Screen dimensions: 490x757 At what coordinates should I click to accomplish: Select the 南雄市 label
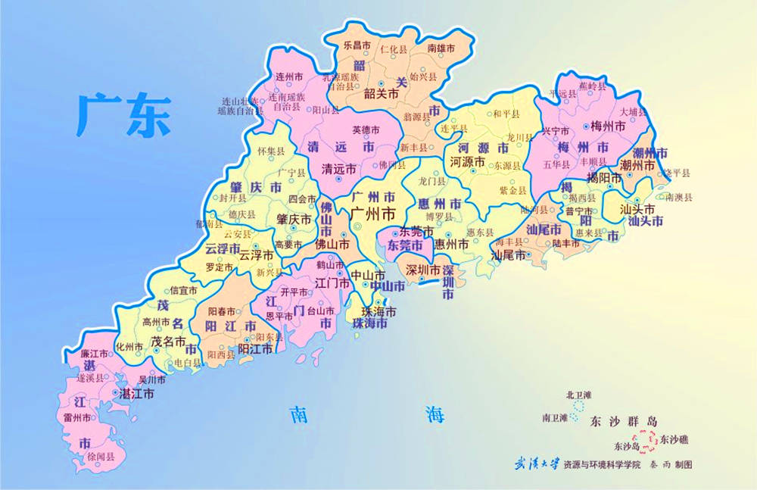pyautogui.click(x=441, y=48)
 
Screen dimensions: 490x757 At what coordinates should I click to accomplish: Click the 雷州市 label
pyautogui.click(x=77, y=418)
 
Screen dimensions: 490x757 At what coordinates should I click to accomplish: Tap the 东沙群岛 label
pyautogui.click(x=624, y=421)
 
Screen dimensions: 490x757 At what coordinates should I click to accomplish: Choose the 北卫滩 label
pyautogui.click(x=581, y=395)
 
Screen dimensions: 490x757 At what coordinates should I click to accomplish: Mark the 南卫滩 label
pyautogui.click(x=555, y=417)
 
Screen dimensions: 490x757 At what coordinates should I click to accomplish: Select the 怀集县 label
pyautogui.click(x=271, y=151)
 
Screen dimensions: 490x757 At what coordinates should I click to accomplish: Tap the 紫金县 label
pyautogui.click(x=512, y=192)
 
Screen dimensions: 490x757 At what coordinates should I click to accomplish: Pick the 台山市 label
pyautogui.click(x=321, y=311)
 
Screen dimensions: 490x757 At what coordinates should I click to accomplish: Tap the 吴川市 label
pyautogui.click(x=151, y=379)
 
